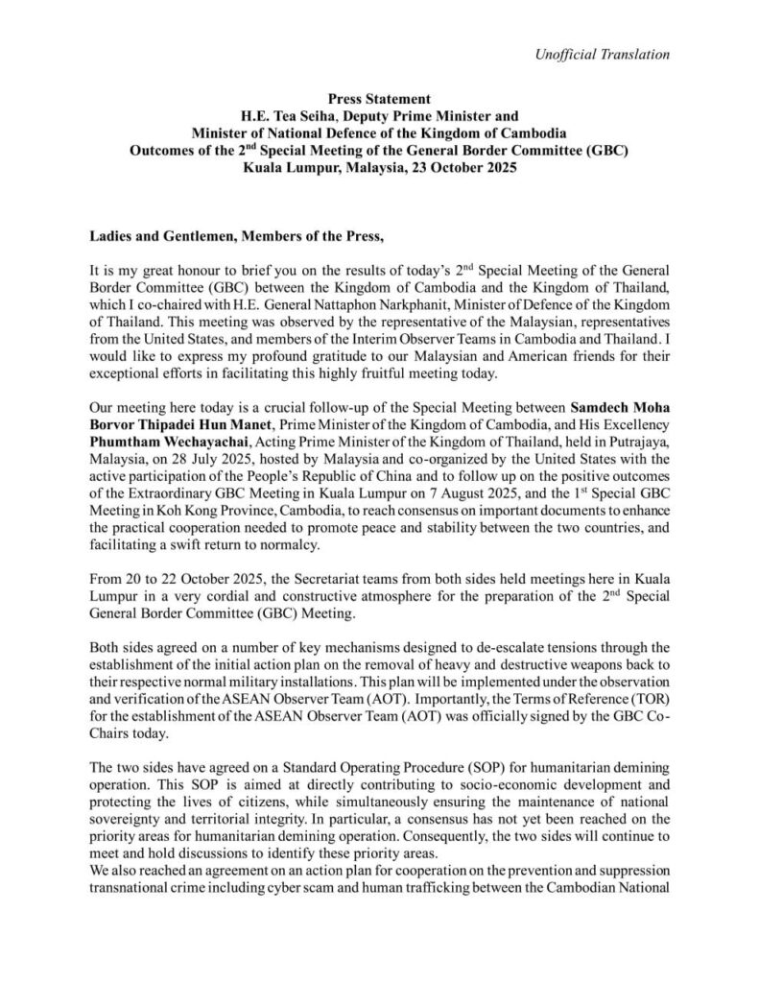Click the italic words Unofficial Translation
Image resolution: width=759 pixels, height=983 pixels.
point(602,54)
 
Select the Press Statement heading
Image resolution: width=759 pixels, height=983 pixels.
point(379,99)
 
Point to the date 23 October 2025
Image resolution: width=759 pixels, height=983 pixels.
point(455,167)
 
